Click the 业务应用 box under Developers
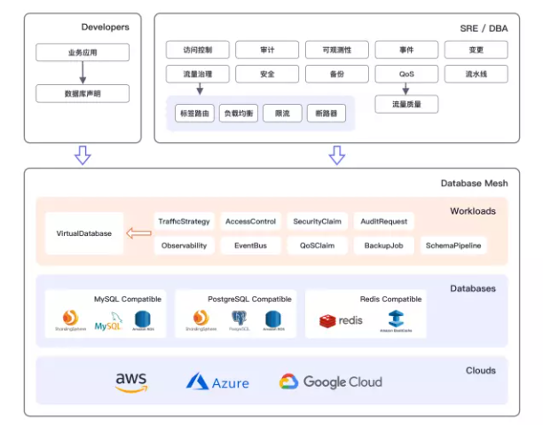tap(83, 52)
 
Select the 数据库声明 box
tap(83, 93)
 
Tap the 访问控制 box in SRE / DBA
tap(197, 50)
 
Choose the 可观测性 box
tap(336, 50)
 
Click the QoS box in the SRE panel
tap(405, 74)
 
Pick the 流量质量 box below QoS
tap(405, 105)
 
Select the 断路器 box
tap(326, 114)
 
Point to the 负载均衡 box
tap(239, 114)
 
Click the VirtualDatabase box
tap(84, 233)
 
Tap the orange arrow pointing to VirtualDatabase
tap(138, 233)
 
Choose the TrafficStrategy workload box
tap(184, 221)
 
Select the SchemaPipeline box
tap(453, 245)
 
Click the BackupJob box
tap(383, 245)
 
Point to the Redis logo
tap(341, 320)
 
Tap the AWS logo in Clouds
tap(131, 382)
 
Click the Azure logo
tap(217, 382)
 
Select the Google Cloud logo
tap(331, 382)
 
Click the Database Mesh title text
tap(474, 184)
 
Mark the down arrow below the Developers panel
tap(83, 156)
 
